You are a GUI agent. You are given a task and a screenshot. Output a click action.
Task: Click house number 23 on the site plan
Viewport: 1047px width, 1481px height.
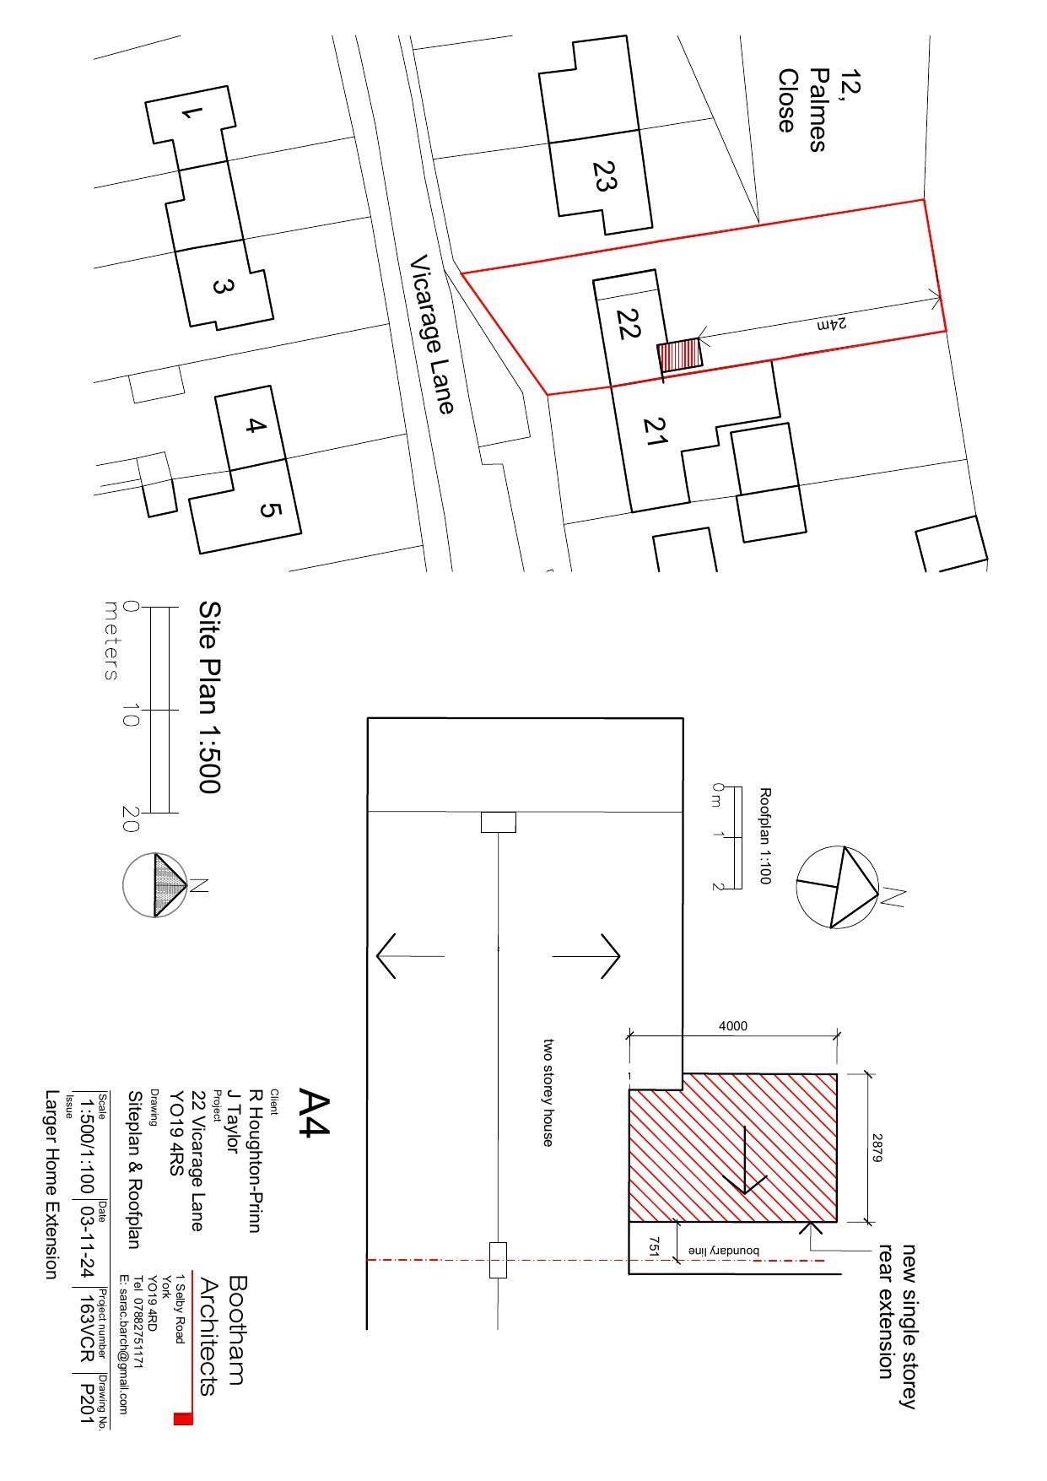602,176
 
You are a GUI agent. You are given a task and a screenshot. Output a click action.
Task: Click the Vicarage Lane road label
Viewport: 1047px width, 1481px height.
432,336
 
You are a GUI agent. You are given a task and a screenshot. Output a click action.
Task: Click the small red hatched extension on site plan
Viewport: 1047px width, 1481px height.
680,354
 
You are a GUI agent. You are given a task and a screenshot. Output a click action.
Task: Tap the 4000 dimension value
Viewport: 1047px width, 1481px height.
732,1026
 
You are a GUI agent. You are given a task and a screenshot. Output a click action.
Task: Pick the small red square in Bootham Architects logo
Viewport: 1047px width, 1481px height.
183,1419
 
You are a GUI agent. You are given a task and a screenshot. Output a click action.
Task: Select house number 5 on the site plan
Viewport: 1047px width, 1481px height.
268,511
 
